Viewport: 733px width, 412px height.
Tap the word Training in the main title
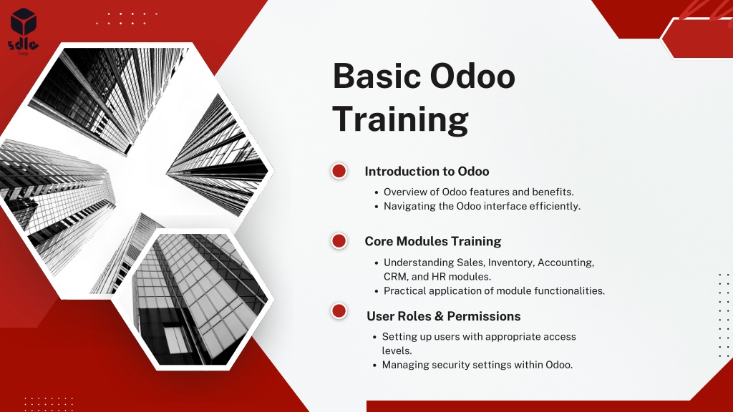(x=400, y=119)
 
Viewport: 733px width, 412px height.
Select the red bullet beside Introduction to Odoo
(x=339, y=171)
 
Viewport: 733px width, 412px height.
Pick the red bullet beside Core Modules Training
(x=339, y=241)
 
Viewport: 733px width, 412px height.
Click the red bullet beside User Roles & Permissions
(x=339, y=311)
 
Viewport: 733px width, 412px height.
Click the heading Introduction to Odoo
(x=427, y=172)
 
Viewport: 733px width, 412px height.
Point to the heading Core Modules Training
(x=433, y=242)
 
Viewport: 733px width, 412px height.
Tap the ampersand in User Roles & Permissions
(x=439, y=316)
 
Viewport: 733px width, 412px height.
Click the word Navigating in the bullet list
(x=409, y=207)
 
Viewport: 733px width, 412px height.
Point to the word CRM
(x=395, y=277)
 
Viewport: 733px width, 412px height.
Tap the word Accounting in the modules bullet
(x=566, y=263)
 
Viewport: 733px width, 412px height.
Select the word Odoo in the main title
(x=472, y=76)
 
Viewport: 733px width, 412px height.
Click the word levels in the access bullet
(x=397, y=350)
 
